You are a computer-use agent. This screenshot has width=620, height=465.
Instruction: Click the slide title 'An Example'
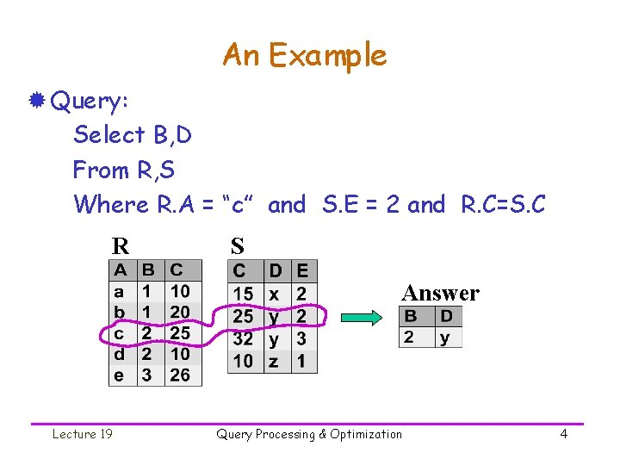click(305, 55)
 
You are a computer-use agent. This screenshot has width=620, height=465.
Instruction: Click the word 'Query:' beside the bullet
click(90, 102)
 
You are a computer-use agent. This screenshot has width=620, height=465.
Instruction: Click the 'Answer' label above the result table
click(440, 294)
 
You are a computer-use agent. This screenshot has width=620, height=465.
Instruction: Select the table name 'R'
click(120, 246)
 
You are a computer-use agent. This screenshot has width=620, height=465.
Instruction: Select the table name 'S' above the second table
click(237, 246)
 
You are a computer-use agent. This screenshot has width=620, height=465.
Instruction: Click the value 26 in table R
click(180, 375)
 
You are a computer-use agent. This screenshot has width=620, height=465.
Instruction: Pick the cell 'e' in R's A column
click(120, 375)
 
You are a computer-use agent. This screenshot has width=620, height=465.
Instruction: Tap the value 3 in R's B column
click(147, 375)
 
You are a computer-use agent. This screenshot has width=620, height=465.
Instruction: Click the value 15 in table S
click(244, 294)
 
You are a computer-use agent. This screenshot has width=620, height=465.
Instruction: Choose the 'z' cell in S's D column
click(274, 361)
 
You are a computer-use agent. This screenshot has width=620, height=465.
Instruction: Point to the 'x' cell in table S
click(274, 294)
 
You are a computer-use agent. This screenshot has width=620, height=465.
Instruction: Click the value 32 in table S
click(244, 338)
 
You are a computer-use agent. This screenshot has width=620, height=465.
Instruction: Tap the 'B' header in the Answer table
click(411, 316)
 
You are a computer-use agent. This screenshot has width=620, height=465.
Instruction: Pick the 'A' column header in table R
click(121, 270)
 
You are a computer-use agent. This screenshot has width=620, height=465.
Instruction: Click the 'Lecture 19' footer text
click(82, 434)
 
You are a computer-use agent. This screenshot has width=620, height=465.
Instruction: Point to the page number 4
click(564, 434)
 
